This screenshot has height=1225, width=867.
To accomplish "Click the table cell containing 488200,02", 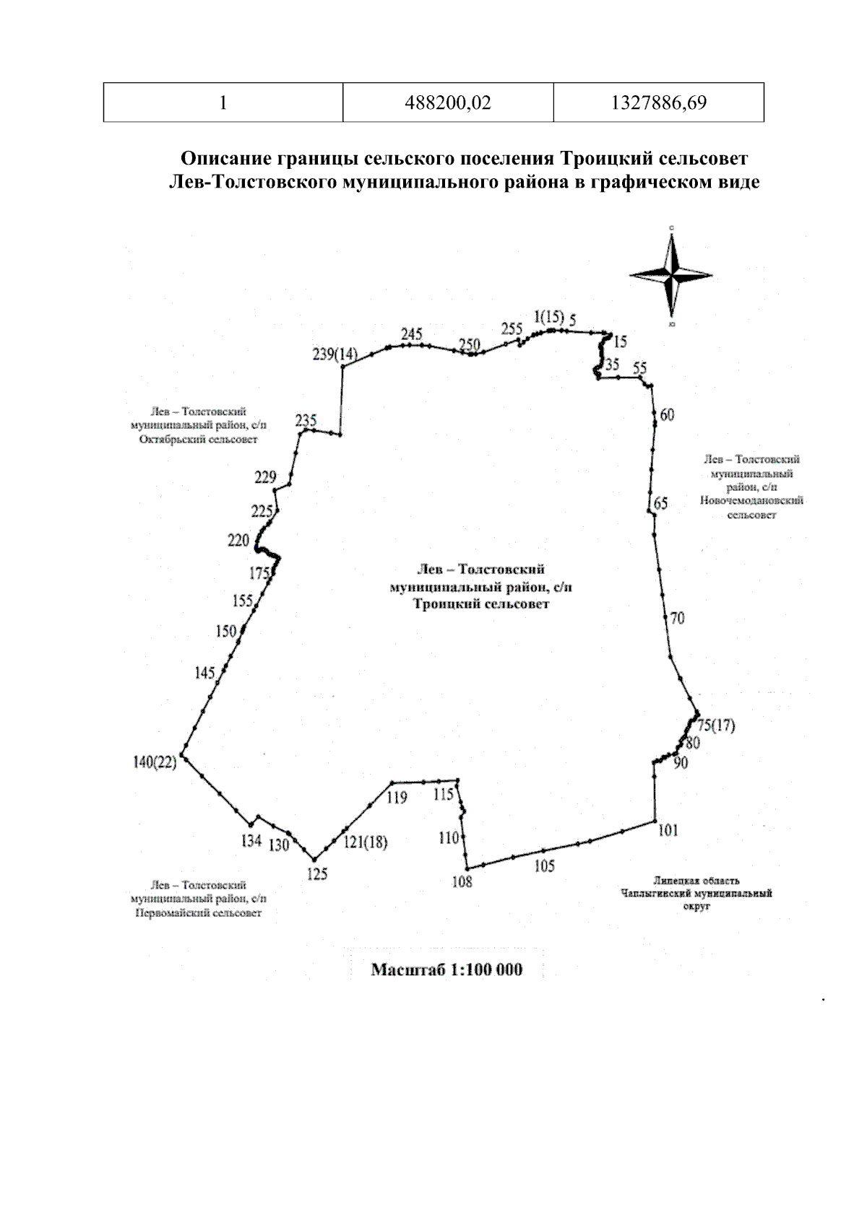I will [x=448, y=103].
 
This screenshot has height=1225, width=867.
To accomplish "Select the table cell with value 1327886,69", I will [x=658, y=103].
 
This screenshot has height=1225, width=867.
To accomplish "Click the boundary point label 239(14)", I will [x=335, y=354].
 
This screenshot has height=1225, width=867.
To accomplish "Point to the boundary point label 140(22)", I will [x=155, y=762].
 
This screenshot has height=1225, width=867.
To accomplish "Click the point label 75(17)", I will [x=716, y=726].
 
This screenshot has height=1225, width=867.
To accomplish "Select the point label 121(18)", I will [x=365, y=842].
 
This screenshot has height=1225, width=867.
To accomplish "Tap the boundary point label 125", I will [x=317, y=874].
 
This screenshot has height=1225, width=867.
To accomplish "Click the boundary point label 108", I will [x=462, y=881].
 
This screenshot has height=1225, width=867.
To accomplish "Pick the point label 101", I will [x=668, y=830].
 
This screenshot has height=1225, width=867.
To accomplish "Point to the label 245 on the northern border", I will [x=411, y=334].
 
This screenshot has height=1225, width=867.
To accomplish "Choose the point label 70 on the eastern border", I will [x=677, y=619].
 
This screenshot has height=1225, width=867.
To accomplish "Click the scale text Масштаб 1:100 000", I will [x=447, y=969].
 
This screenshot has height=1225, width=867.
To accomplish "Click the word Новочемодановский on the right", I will [x=751, y=500].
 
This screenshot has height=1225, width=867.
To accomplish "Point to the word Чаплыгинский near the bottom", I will [x=655, y=894].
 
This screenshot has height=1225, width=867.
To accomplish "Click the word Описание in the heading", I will [x=223, y=158].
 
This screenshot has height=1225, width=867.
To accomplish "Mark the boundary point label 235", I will [x=306, y=420].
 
